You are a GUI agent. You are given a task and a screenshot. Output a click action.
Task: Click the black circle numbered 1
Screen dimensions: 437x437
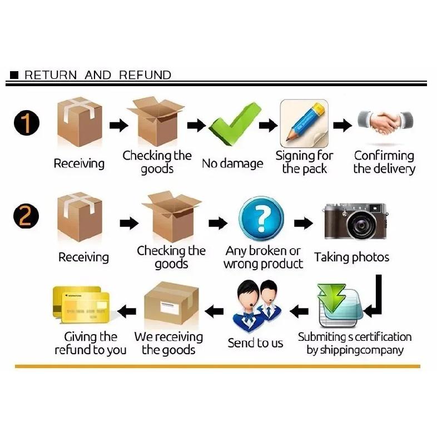click(x=27, y=123)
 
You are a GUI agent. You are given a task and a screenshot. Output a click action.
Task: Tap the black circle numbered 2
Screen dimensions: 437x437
click(x=26, y=216)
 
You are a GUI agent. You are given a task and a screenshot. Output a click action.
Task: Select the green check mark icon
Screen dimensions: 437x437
click(x=235, y=124)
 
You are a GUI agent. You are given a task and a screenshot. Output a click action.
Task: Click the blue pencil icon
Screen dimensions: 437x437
click(x=304, y=123)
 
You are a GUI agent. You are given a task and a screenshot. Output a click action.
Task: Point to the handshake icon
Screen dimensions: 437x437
click(x=385, y=122)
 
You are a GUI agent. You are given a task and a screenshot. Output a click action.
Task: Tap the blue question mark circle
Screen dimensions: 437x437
click(x=261, y=218)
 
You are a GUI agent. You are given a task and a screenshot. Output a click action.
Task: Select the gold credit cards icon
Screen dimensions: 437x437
click(x=81, y=304)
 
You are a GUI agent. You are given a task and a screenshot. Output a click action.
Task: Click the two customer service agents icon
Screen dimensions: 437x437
click(x=257, y=306)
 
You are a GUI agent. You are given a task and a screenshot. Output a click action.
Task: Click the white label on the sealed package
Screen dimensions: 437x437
click(x=170, y=307)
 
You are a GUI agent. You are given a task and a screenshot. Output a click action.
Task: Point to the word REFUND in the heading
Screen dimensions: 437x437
click(x=145, y=75)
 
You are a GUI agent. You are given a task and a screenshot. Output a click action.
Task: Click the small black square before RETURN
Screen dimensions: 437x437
click(x=14, y=75)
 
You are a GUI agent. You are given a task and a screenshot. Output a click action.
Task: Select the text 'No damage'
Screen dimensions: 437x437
click(x=232, y=163)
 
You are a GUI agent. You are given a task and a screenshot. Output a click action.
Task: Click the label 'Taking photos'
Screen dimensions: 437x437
click(x=352, y=257)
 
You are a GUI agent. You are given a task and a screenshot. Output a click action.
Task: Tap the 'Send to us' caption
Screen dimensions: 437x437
click(x=255, y=343)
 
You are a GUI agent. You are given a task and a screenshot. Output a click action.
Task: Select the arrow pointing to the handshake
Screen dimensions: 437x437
click(x=342, y=126)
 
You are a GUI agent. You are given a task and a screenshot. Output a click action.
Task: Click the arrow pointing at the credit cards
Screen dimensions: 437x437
click(x=127, y=311)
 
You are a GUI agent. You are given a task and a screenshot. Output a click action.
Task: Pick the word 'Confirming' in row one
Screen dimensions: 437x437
click(x=384, y=156)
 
